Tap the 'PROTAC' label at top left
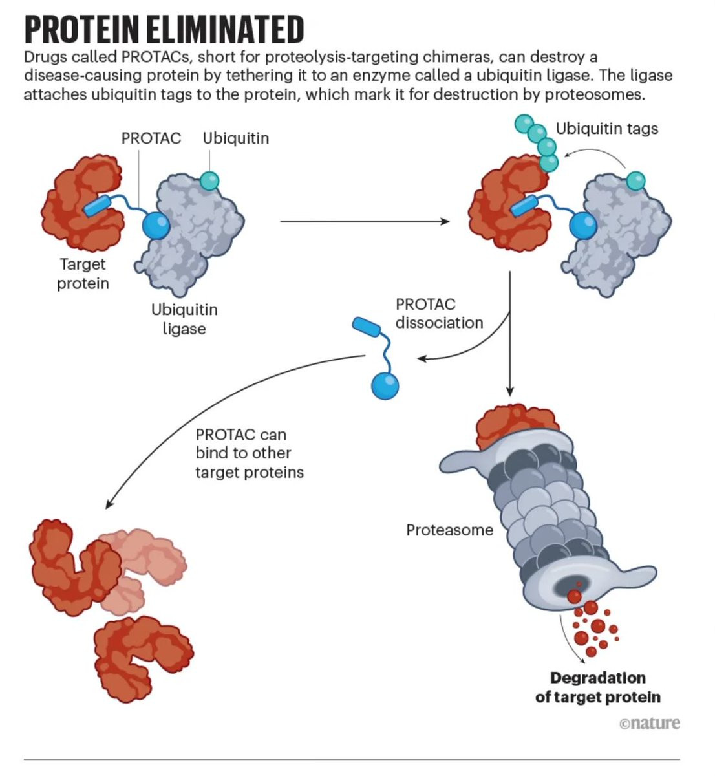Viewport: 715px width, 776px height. pyautogui.click(x=151, y=138)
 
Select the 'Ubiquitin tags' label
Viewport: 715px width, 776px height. pyautogui.click(x=606, y=129)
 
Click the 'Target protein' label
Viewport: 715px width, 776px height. pyautogui.click(x=83, y=274)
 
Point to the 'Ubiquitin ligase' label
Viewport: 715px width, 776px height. pyautogui.click(x=184, y=319)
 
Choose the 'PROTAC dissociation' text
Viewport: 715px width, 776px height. pyautogui.click(x=439, y=314)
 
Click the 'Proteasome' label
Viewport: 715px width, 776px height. pyautogui.click(x=449, y=530)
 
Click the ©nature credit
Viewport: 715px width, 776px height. pyautogui.click(x=649, y=723)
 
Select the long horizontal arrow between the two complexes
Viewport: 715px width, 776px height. pyautogui.click(x=365, y=222)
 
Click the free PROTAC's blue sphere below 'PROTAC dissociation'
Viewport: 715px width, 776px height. pyautogui.click(x=385, y=385)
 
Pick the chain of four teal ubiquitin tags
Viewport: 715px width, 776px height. pyautogui.click(x=537, y=143)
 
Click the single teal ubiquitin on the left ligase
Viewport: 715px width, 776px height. pyautogui.click(x=209, y=180)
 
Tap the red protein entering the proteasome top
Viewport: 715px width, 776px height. pyautogui.click(x=517, y=426)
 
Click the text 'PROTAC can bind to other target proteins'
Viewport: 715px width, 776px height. pyautogui.click(x=250, y=453)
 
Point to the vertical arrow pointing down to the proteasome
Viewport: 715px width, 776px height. pyautogui.click(x=510, y=334)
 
